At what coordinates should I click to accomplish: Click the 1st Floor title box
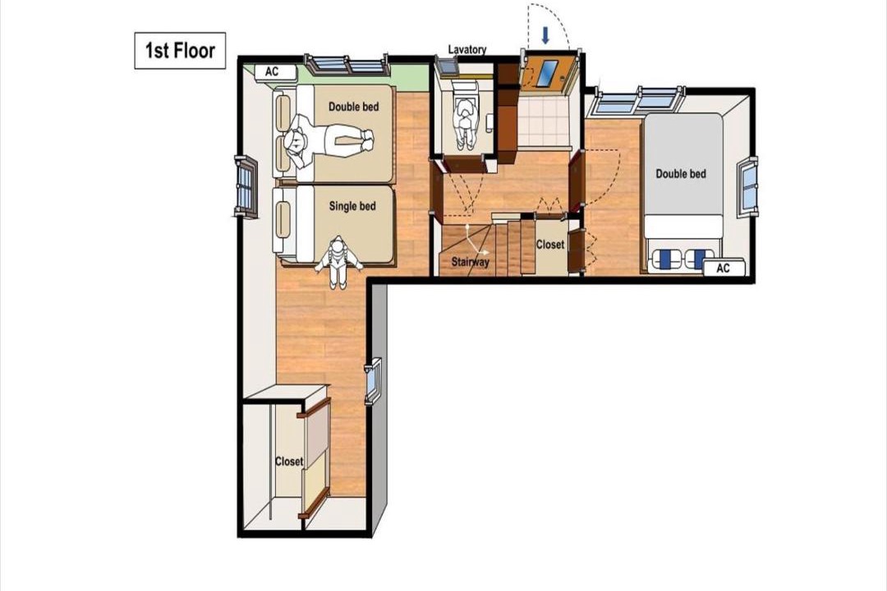[180, 51]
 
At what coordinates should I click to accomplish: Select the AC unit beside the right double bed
[724, 268]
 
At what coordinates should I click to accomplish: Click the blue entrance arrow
[545, 35]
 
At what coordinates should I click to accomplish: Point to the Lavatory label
[467, 50]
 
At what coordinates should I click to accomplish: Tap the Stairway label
[470, 263]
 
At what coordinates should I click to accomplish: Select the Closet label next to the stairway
[549, 245]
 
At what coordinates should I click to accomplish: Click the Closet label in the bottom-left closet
[289, 461]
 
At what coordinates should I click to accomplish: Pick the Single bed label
[352, 206]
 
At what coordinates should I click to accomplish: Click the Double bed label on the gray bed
[681, 174]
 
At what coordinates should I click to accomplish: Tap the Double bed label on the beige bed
[353, 107]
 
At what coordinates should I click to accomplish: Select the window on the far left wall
[246, 186]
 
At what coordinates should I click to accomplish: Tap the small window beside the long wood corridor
[373, 381]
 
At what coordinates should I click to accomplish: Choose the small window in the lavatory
[448, 66]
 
